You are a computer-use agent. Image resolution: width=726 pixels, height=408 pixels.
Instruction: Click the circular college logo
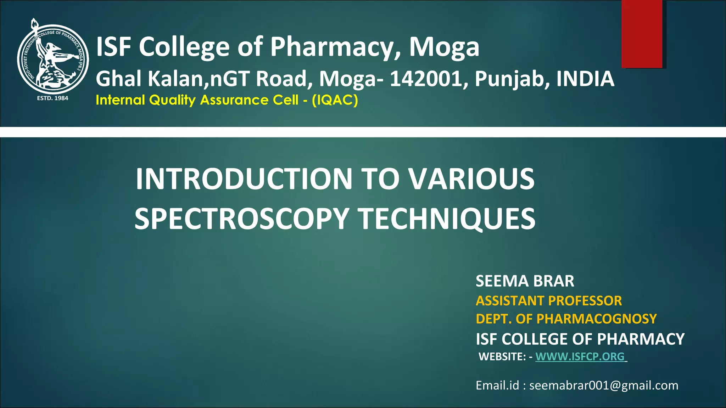click(53, 58)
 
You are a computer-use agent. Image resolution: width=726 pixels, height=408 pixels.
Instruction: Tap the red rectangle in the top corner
click(642, 34)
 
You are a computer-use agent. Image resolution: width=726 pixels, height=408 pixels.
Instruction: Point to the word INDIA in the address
click(585, 79)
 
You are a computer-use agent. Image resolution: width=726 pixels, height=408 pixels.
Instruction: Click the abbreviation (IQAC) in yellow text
click(335, 100)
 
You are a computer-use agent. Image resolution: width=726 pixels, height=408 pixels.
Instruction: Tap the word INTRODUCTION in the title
click(244, 179)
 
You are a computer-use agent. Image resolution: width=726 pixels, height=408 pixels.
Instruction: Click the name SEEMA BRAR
click(525, 281)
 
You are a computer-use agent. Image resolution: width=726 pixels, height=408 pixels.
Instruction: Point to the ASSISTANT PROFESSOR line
click(549, 301)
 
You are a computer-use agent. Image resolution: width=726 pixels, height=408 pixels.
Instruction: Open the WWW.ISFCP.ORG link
click(580, 356)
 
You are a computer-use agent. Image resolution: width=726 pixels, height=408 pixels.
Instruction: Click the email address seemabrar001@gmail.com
click(604, 385)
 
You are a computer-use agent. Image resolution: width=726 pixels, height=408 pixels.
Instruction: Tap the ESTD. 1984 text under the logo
click(52, 98)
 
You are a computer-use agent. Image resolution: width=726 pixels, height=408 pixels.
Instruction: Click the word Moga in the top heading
click(444, 47)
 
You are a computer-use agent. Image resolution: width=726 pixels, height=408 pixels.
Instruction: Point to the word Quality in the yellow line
click(172, 100)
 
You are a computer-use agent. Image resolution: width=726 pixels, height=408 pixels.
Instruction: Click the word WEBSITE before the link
click(502, 357)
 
